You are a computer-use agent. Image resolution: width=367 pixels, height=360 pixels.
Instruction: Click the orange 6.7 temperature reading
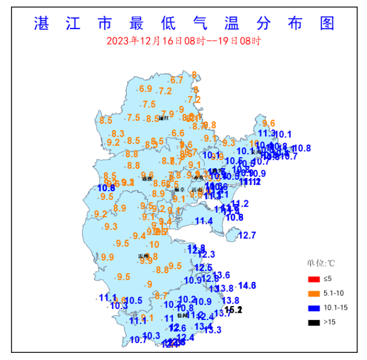coord(177,80)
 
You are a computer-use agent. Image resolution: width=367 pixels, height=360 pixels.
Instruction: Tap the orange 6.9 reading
coord(145,88)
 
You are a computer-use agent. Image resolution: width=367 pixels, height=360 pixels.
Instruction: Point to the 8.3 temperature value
coord(118,134)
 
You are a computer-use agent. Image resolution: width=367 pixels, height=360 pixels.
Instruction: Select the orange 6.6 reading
coord(178,133)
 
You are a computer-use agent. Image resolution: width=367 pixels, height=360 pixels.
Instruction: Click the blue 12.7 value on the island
coord(247,235)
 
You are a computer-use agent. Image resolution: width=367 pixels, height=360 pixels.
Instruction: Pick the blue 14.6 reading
coord(247,285)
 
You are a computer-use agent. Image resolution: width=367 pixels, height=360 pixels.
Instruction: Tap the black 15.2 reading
coord(234,310)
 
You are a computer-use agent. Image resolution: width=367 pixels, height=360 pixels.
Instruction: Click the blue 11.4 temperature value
coord(204,221)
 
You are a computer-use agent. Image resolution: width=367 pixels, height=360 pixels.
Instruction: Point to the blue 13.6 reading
coord(221,275)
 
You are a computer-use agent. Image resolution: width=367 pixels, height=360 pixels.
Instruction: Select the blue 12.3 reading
coord(206,254)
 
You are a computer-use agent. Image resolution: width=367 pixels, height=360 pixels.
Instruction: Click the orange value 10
coord(154,245)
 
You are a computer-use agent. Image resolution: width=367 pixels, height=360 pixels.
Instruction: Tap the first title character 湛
coord(42,23)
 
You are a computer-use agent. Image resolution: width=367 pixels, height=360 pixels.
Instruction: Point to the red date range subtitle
coord(183,41)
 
